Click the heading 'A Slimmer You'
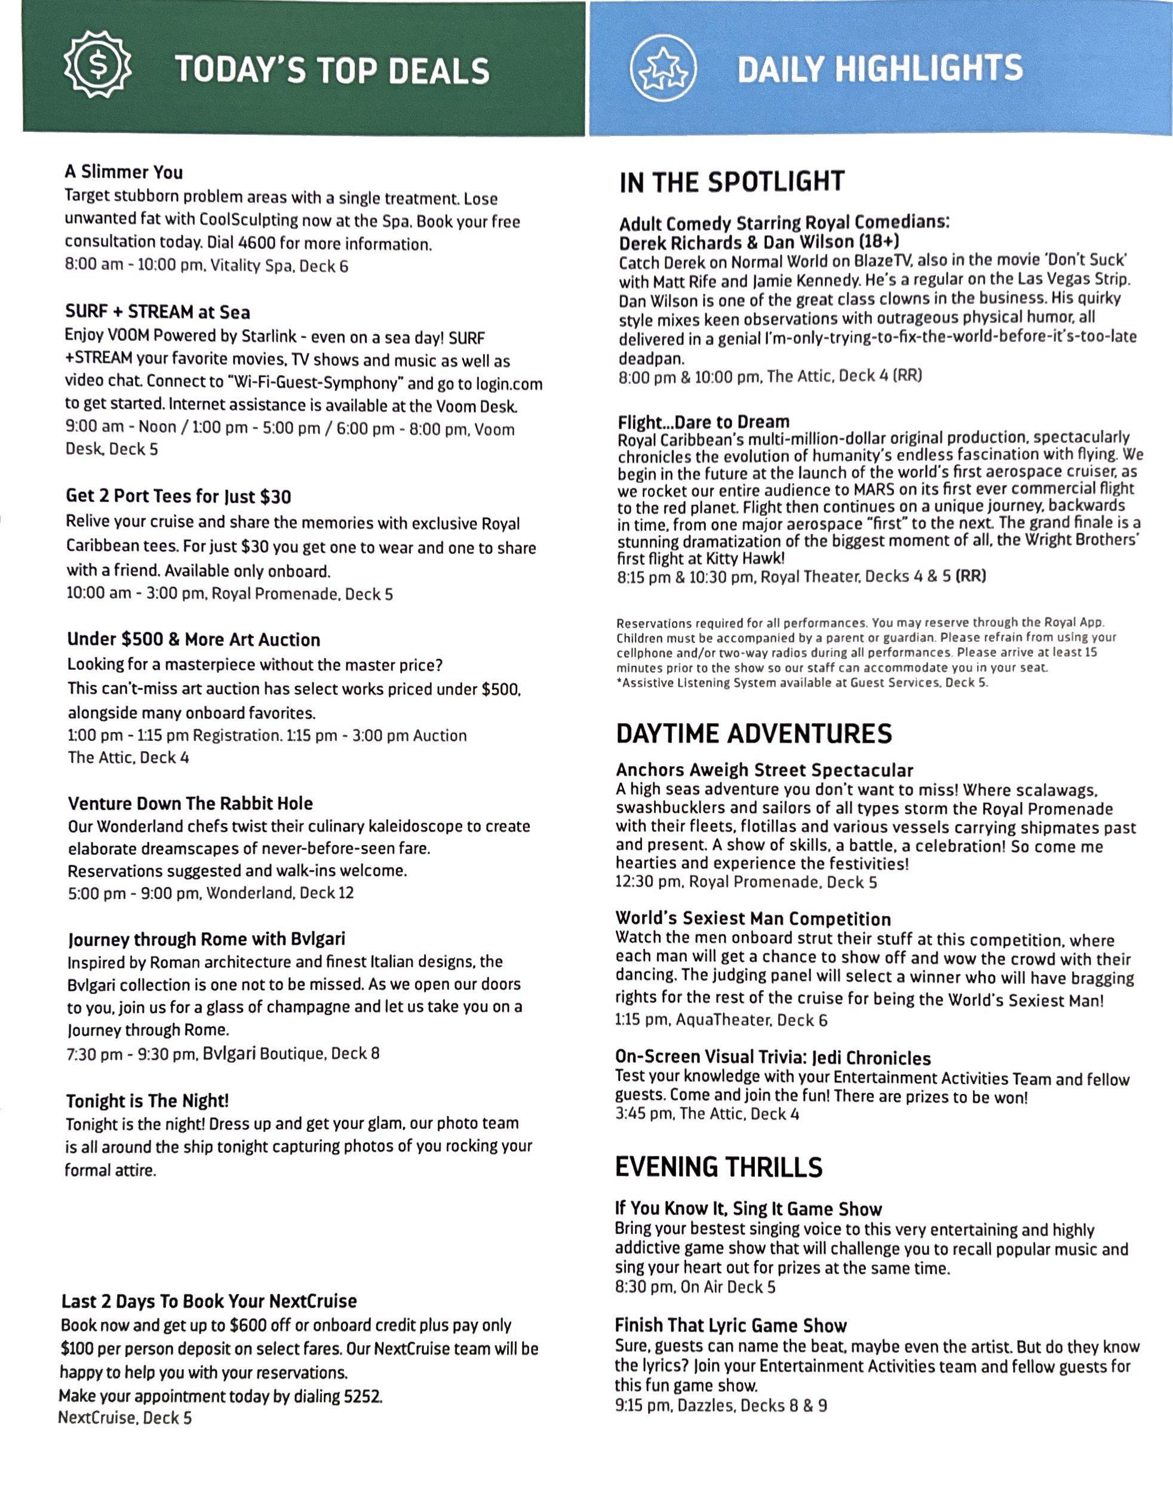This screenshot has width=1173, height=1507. tap(124, 172)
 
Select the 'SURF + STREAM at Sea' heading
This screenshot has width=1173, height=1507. tap(158, 312)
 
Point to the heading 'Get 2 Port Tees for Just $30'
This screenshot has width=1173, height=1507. tap(178, 496)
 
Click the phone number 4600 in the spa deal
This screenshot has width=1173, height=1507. tap(256, 244)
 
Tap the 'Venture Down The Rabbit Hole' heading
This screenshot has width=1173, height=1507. tap(190, 803)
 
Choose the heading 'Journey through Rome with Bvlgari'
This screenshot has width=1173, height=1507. tap(205, 939)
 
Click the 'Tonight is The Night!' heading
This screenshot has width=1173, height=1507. tap(147, 1100)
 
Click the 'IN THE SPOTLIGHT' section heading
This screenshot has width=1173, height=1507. tap(731, 182)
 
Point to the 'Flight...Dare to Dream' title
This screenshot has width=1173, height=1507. tap(703, 422)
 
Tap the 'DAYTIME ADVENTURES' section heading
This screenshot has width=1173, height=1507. tap(753, 733)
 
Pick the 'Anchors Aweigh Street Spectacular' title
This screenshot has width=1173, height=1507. tap(764, 770)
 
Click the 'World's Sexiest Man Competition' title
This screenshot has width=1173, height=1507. tap(753, 918)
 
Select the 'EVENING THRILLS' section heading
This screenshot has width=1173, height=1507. tap(718, 1167)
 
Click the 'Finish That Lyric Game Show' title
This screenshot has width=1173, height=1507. tap(730, 1325)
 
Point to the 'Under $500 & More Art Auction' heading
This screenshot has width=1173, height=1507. tap(194, 639)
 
